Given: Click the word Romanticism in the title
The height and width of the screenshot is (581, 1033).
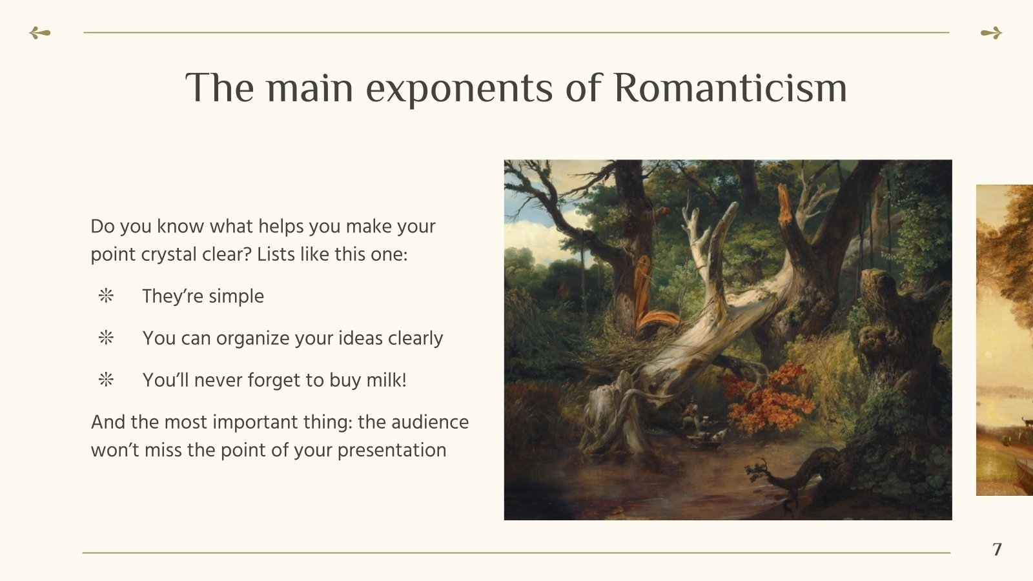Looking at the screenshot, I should [730, 88].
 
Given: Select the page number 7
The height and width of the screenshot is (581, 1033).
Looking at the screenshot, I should [997, 549].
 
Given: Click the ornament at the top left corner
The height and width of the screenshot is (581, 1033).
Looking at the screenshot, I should [39, 33].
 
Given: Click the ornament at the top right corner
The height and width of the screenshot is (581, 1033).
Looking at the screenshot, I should [991, 33].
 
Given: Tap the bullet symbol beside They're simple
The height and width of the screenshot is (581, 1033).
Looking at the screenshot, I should [106, 296].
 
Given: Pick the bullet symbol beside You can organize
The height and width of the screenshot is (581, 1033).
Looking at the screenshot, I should [106, 338].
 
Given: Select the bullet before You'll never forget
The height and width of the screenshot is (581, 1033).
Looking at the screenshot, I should [106, 380].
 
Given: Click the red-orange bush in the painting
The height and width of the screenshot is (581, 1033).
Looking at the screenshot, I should [768, 400].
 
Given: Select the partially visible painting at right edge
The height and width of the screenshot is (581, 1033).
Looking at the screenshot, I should [1005, 340].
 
